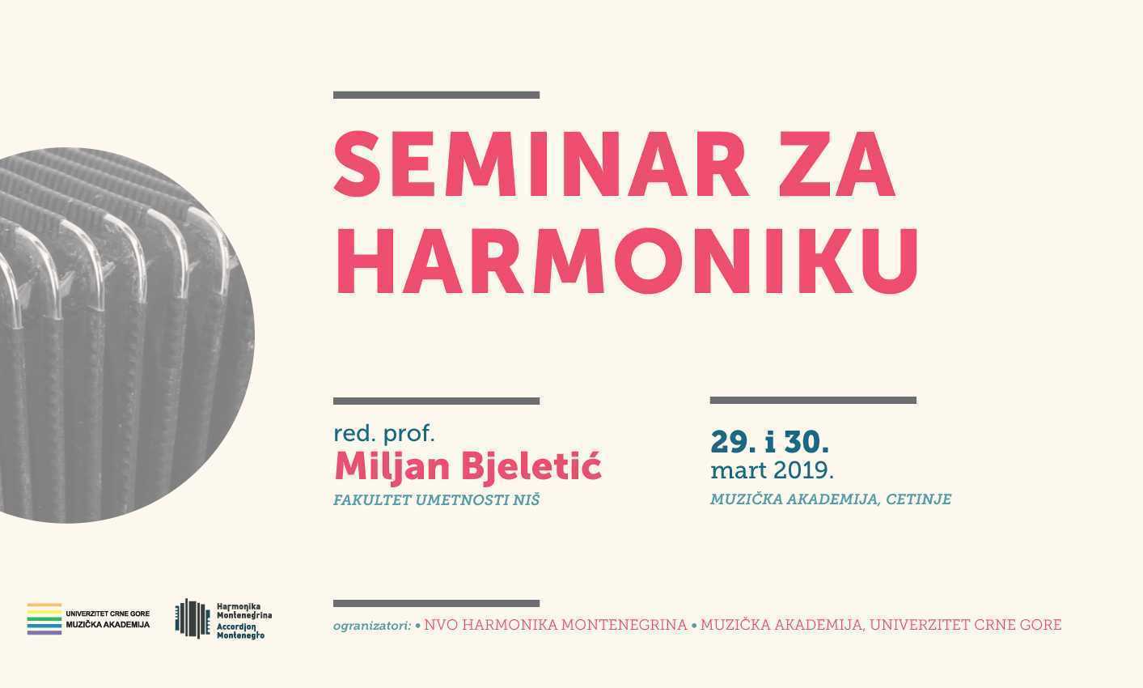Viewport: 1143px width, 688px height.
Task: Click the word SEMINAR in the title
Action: point(541,164)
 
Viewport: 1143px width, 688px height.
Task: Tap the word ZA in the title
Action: point(837,164)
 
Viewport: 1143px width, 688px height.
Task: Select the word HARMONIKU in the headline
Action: point(626,261)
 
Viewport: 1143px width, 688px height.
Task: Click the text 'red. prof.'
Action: point(383,434)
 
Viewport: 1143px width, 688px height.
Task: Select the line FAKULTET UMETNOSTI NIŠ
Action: point(436,500)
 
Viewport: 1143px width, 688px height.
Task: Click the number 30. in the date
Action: point(806,442)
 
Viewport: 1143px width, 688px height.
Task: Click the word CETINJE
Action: point(918,499)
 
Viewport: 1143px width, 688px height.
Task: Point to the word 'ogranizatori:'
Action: point(372,626)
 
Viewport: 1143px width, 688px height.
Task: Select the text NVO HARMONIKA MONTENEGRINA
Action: point(555,625)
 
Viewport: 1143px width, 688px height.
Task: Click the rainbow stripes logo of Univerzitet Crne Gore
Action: point(44,619)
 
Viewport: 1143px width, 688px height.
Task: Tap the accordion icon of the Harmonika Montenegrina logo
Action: point(193,618)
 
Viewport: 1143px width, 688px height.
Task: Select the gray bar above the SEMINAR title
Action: point(436,95)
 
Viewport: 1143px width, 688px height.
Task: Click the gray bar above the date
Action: point(814,401)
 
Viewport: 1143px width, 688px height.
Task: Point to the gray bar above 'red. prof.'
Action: point(436,401)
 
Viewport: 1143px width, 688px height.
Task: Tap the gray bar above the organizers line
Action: point(436,603)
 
